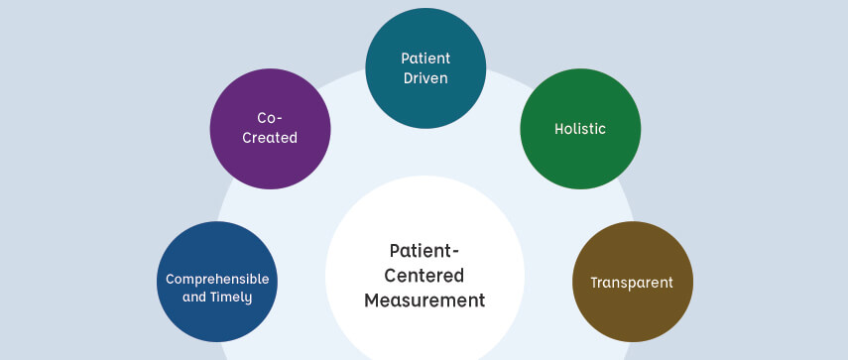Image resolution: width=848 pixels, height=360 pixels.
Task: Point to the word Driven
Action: tap(426, 78)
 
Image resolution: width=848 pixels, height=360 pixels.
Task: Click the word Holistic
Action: tap(581, 129)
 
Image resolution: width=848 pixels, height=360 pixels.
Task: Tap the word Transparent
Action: tap(632, 283)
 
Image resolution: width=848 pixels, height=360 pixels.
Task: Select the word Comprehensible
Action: tap(217, 279)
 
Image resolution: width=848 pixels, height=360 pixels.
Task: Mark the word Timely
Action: tap(234, 297)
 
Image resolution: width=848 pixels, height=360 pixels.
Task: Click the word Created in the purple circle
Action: tap(270, 138)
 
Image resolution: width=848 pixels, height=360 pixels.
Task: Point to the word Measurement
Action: tap(424, 300)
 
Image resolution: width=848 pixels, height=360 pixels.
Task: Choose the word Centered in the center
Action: tap(424, 275)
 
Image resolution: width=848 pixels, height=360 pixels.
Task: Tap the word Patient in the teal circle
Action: tap(425, 59)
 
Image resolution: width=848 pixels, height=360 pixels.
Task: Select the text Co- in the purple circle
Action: tap(270, 118)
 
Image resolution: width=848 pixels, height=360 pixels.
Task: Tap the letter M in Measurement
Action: tap(372, 300)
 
